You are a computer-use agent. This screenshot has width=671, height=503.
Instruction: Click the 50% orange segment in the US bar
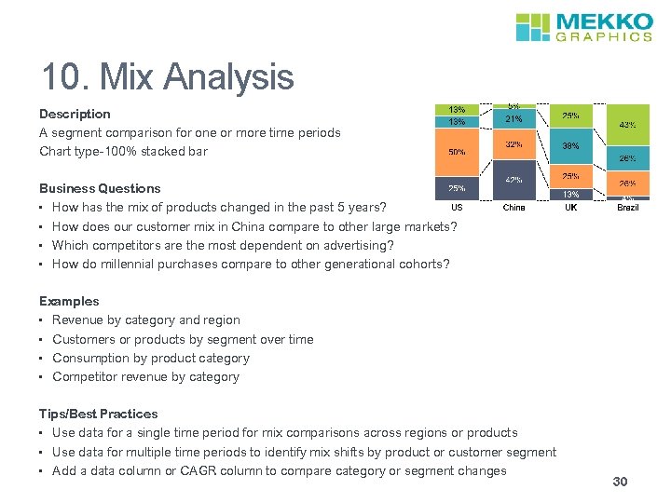point(457,153)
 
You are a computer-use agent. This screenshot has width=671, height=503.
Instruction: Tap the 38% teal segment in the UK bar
point(570,146)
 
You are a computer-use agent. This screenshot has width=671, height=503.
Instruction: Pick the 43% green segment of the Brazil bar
point(627,124)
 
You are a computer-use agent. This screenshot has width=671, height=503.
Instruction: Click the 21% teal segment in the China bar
point(514,119)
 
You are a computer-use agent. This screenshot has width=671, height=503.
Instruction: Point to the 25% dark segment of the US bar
point(457,188)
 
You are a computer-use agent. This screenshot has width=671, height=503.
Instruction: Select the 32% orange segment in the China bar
point(514,145)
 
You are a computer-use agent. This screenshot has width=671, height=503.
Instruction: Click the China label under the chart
point(514,208)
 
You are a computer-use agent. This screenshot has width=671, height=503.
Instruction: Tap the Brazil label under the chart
point(627,208)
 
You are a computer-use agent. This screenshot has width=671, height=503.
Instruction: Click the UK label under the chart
point(570,208)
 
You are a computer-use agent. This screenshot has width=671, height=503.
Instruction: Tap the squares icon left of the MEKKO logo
point(534,27)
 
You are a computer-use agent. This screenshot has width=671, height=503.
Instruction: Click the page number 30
point(621,482)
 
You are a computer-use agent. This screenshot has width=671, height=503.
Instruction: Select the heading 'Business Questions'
point(100,188)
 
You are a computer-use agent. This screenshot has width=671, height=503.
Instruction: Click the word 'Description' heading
point(75,114)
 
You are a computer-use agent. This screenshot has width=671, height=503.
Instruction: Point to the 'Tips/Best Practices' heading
point(98,414)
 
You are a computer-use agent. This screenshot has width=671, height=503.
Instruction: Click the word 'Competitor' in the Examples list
point(85,377)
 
